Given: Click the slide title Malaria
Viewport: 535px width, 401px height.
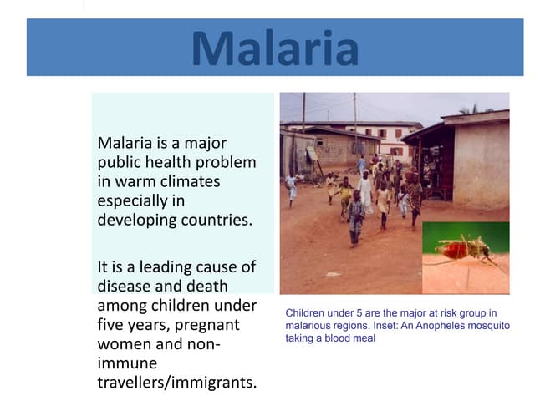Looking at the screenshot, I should (275, 48).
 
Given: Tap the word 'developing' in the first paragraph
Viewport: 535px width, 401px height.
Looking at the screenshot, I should (136, 221).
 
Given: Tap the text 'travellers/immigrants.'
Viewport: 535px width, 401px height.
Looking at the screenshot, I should (176, 383).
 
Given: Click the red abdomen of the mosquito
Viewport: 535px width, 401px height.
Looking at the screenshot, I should (451, 249).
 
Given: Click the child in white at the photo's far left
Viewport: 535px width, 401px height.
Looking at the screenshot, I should (291, 185).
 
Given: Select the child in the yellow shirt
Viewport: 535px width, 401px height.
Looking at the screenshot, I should (345, 195).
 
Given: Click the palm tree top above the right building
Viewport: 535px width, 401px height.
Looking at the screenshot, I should (475, 109).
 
